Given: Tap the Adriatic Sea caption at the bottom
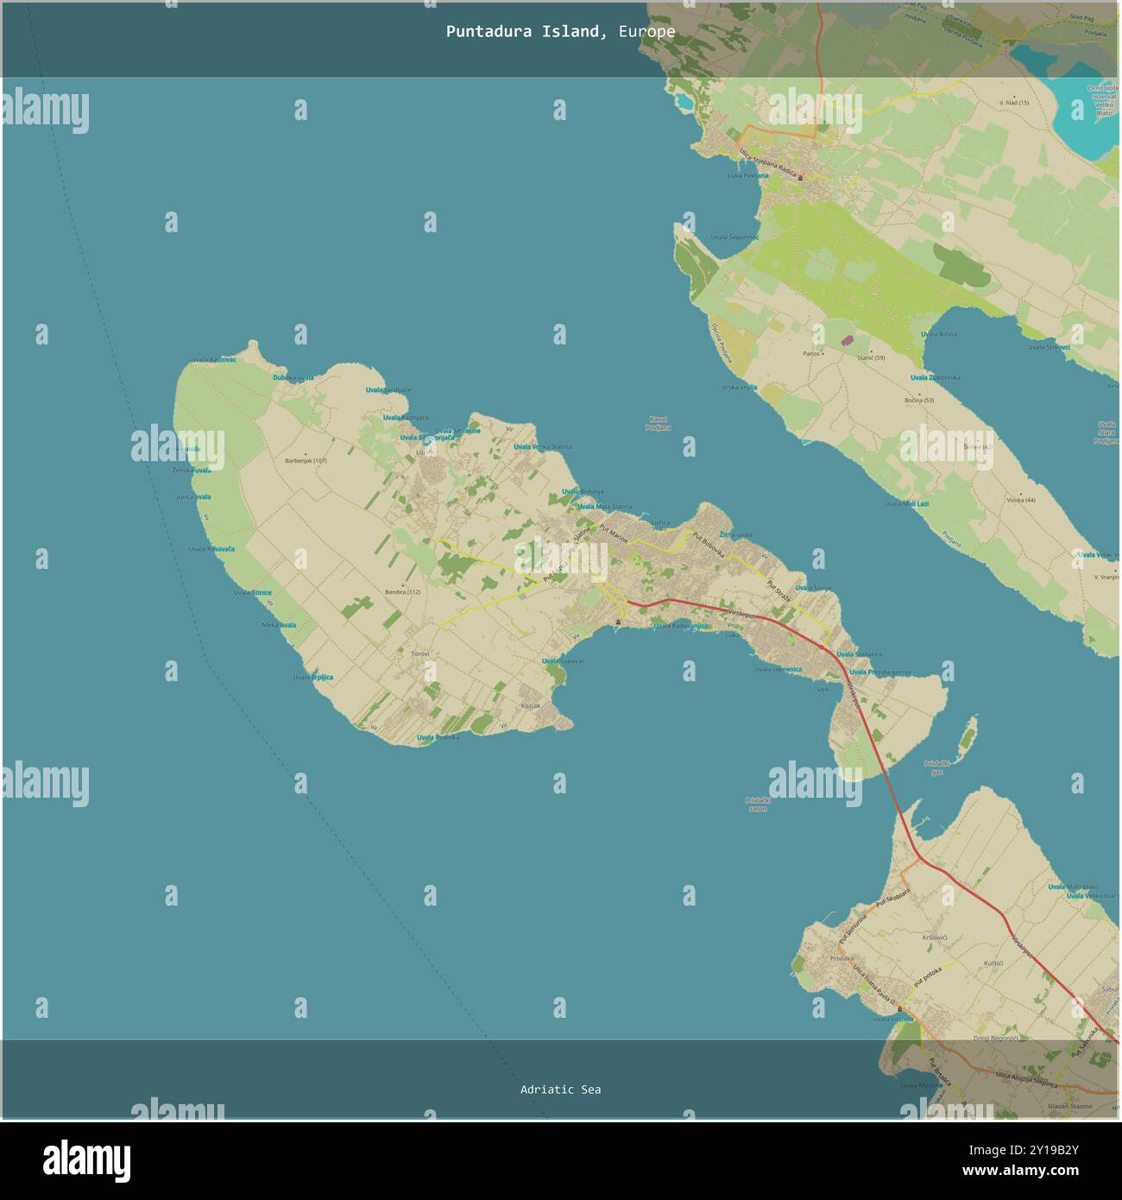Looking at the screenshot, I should tap(560, 1089).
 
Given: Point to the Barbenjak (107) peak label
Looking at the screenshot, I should tap(306, 460).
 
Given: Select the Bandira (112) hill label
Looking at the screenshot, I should tap(402, 591).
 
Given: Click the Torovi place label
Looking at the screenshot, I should tap(419, 654).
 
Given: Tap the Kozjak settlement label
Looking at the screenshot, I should tap(530, 705).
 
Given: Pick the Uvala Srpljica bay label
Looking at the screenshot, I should tap(312, 677).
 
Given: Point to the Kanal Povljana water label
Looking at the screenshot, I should tap(657, 423).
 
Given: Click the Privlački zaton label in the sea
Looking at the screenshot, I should tap(756, 804).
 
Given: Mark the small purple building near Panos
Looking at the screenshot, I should tap(847, 341).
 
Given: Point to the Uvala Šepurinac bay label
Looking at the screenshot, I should tap(734, 237).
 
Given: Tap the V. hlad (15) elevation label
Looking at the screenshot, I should tap(1014, 103).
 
